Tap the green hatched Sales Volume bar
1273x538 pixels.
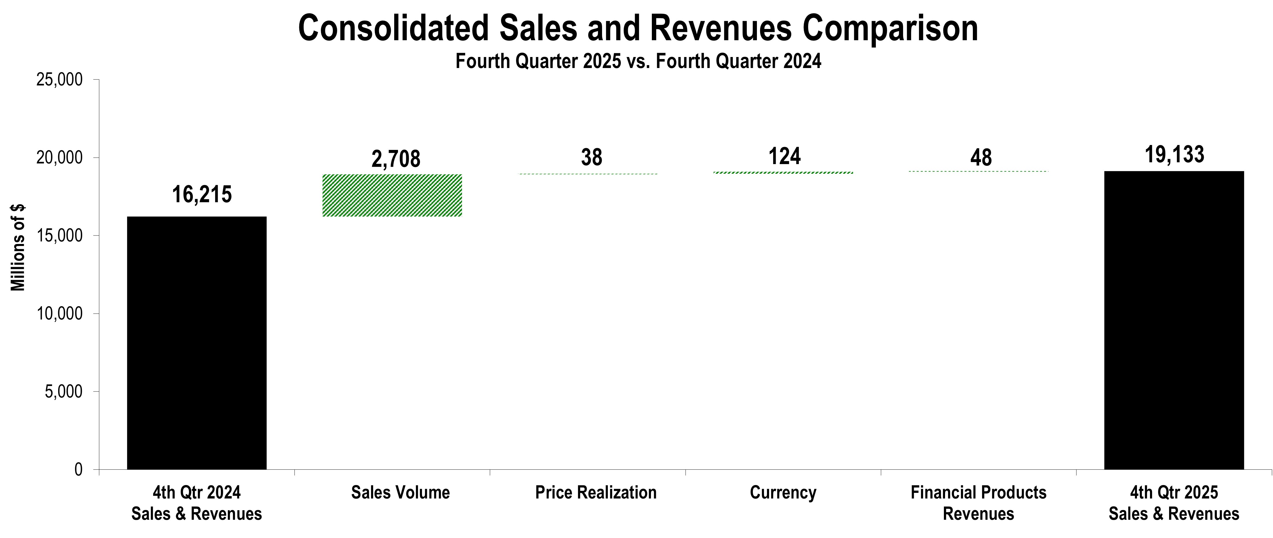pos(392,195)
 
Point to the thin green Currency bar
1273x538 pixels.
pos(783,172)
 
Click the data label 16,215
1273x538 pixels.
pos(202,195)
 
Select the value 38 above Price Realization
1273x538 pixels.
pos(592,157)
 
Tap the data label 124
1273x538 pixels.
pos(784,156)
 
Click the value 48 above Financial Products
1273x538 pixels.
pos(980,158)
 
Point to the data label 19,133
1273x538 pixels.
pos(1174,155)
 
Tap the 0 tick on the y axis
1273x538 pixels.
pos(78,469)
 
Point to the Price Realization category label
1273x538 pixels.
pos(595,493)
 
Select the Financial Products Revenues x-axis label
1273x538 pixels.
pos(978,503)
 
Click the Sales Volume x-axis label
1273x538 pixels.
pos(400,493)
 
